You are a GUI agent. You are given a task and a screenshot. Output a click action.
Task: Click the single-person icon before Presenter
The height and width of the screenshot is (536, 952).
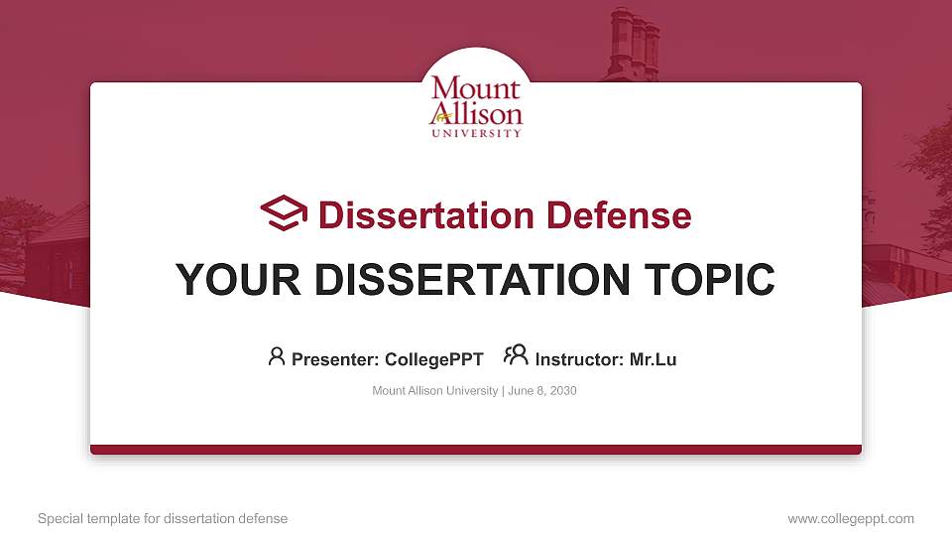pyautogui.click(x=277, y=356)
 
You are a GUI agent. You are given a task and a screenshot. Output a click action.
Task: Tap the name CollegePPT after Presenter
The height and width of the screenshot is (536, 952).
pyautogui.click(x=433, y=359)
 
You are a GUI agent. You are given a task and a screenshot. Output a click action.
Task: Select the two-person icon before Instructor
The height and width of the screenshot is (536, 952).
pyautogui.click(x=516, y=355)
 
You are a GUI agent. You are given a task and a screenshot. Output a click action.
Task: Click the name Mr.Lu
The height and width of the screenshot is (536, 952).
pyautogui.click(x=653, y=359)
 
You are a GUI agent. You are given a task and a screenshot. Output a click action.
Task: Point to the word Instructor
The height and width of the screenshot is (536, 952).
pyautogui.click(x=579, y=359)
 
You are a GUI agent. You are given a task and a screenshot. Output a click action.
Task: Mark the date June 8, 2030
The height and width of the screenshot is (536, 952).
pyautogui.click(x=542, y=391)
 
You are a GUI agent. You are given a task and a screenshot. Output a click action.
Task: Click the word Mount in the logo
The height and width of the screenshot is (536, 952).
pyautogui.click(x=476, y=90)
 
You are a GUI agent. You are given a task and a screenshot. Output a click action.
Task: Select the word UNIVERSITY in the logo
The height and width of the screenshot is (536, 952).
pyautogui.click(x=476, y=133)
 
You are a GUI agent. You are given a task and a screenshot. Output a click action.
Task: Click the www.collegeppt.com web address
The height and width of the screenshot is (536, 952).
pyautogui.click(x=851, y=518)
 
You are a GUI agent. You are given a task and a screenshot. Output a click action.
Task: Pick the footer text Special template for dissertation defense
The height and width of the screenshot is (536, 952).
pyautogui.click(x=163, y=518)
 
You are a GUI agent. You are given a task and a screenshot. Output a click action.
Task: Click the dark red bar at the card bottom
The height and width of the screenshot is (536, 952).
pyautogui.click(x=476, y=450)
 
